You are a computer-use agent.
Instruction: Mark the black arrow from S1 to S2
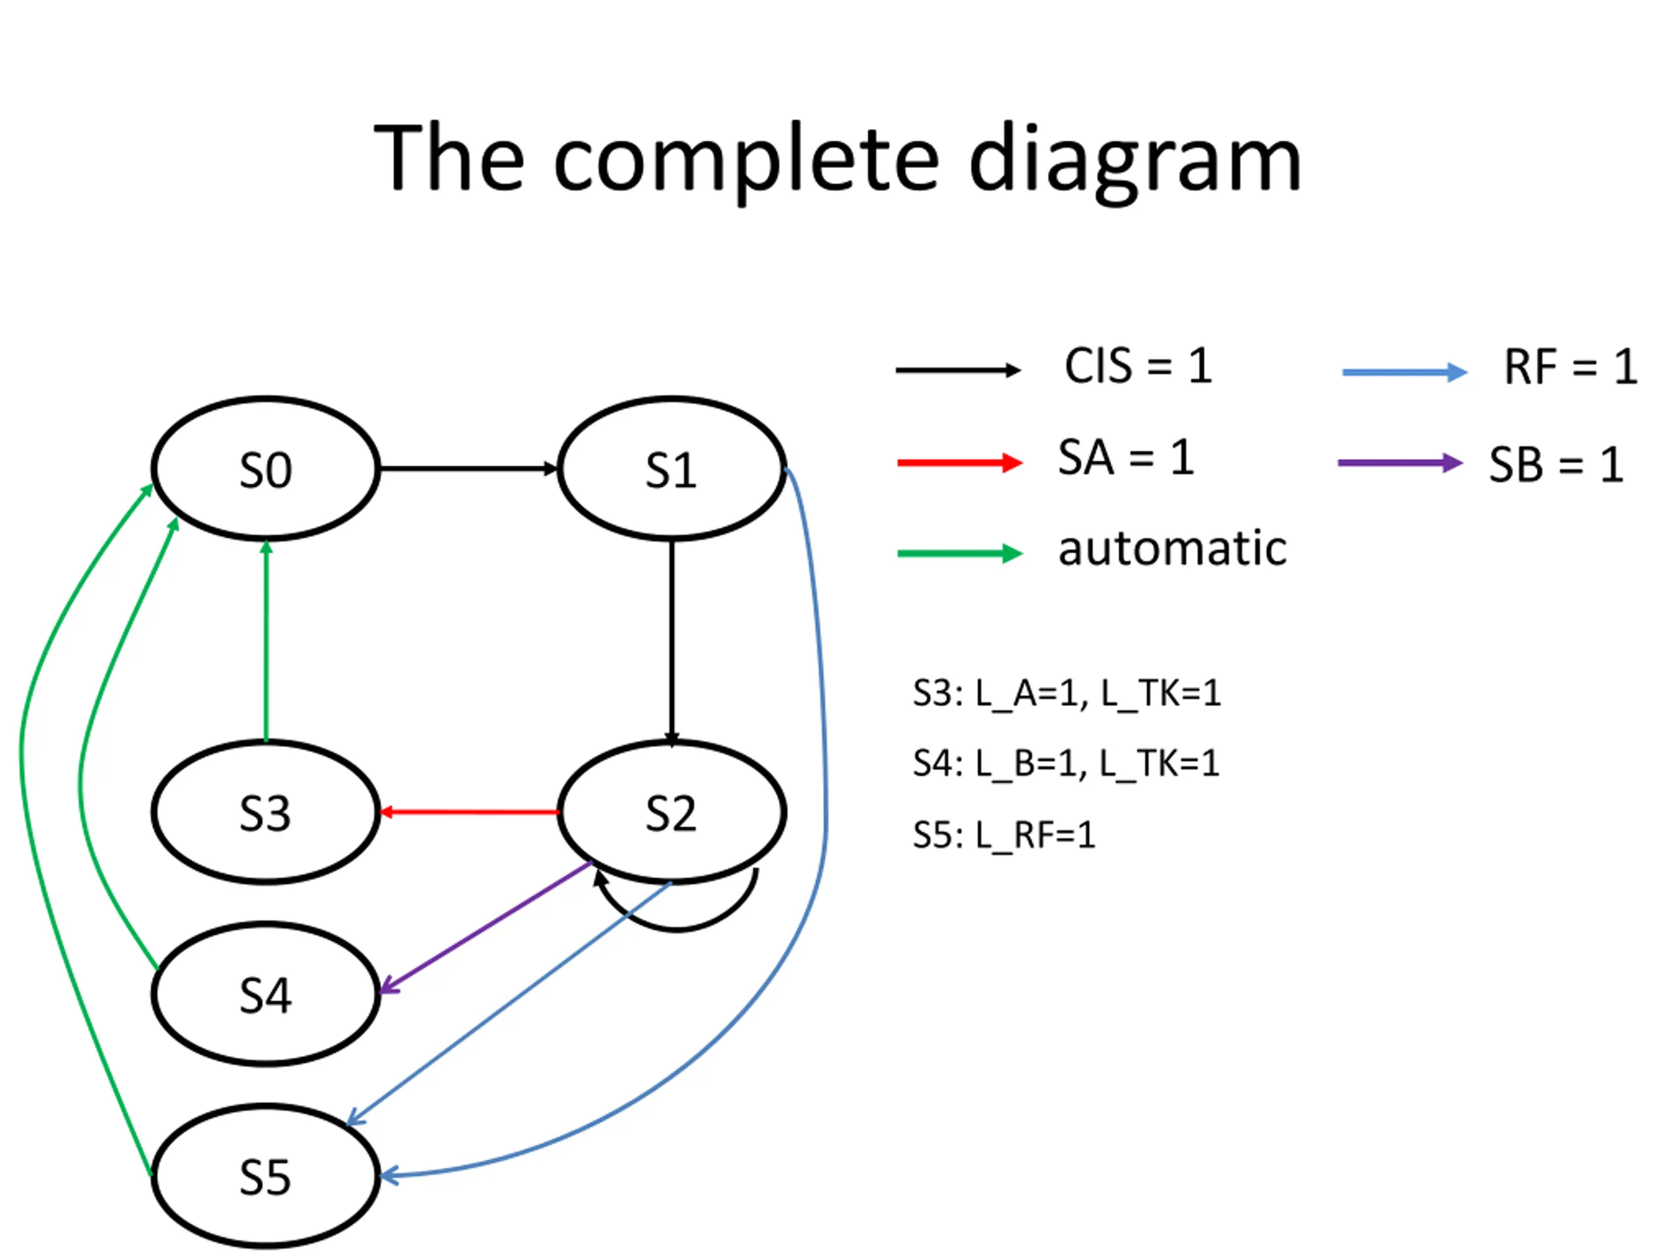[x=671, y=642]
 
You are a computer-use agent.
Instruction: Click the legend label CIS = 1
[x=1138, y=366]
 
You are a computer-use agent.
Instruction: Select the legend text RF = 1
[x=1570, y=367]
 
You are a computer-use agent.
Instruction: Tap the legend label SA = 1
[x=1125, y=458]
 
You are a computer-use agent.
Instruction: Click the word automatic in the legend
[x=1173, y=549]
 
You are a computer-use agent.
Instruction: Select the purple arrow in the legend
[x=1400, y=463]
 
